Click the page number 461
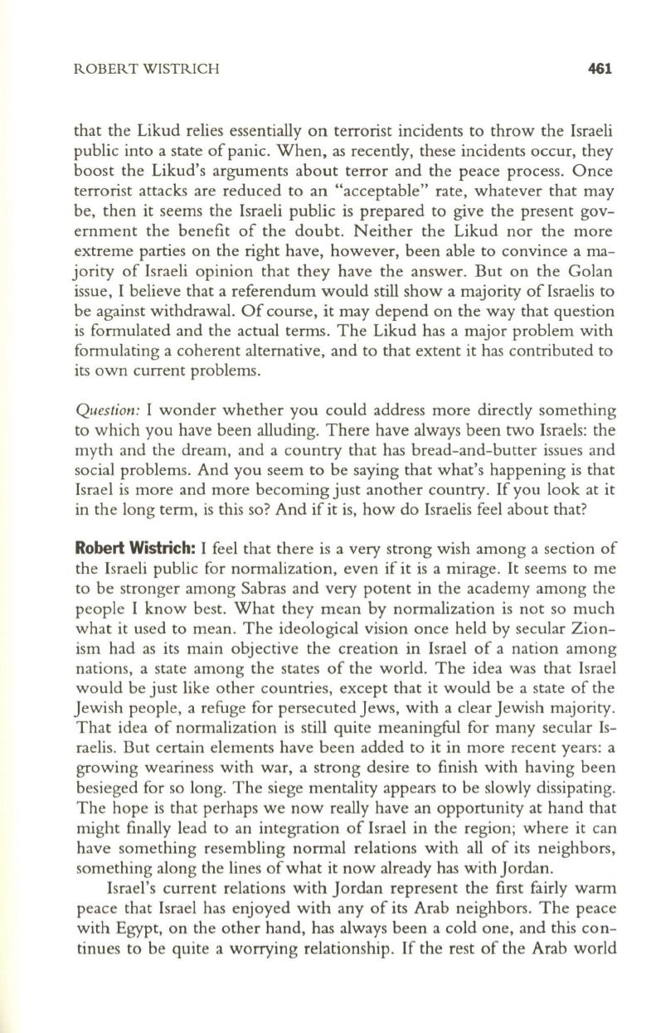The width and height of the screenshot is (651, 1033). [x=599, y=70]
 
